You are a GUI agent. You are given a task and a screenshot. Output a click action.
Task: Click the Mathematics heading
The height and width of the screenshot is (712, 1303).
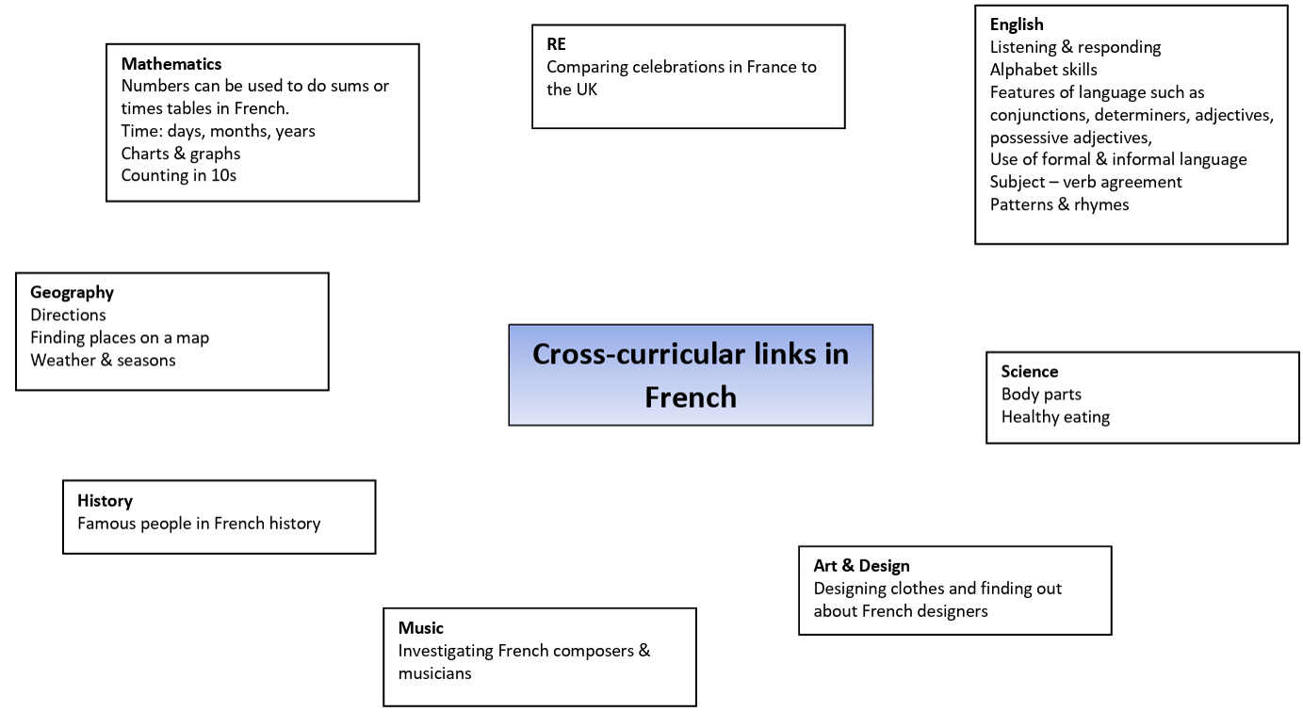point(171,63)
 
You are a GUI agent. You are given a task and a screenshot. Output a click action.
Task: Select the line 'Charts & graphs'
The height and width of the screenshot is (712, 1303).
point(180,154)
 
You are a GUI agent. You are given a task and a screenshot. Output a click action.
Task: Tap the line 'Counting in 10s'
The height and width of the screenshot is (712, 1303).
point(179,176)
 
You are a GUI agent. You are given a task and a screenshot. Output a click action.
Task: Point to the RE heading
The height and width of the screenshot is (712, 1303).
point(556,44)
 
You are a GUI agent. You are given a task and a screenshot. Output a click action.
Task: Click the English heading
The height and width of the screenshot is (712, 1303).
point(1017,24)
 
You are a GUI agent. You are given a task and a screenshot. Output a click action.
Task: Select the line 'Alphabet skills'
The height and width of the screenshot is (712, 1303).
point(1044,70)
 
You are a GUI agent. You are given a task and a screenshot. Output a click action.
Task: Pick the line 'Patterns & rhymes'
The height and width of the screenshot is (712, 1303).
point(1059,204)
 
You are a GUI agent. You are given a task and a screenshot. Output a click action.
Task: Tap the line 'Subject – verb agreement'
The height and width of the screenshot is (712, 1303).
point(1086,182)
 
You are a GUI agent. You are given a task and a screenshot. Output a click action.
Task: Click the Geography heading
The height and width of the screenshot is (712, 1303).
point(73,293)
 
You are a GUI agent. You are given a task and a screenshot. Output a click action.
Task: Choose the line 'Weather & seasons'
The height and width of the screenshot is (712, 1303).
point(103,361)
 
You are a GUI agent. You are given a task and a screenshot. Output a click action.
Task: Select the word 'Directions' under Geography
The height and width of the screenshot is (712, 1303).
point(68,316)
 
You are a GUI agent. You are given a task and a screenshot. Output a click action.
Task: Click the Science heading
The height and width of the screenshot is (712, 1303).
point(1030,372)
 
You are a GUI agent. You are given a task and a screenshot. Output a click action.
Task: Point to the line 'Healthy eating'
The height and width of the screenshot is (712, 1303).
point(1056,417)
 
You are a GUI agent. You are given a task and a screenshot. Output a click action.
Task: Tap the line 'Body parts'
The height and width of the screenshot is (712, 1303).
point(1041,395)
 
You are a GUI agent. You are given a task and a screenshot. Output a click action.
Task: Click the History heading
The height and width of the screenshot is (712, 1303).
point(105,501)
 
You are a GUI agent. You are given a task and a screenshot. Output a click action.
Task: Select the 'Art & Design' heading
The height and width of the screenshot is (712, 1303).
point(861,566)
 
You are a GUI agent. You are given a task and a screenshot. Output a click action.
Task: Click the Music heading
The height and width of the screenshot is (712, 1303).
point(420,628)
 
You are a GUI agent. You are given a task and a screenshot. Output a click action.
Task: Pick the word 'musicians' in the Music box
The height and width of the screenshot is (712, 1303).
point(434,673)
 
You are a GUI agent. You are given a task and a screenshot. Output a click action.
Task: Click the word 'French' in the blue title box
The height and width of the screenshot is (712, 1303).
point(691,397)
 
